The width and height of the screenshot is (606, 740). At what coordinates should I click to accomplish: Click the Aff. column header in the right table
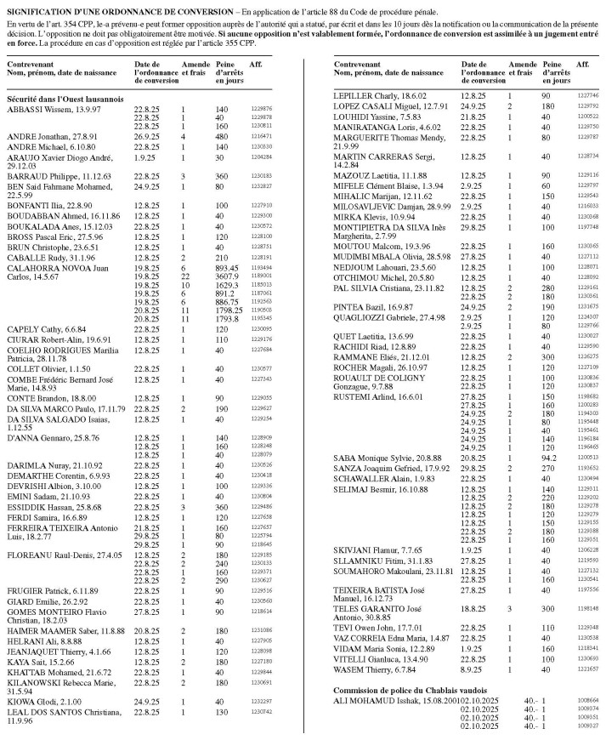582,65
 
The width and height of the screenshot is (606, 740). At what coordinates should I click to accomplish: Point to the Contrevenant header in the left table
30,65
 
